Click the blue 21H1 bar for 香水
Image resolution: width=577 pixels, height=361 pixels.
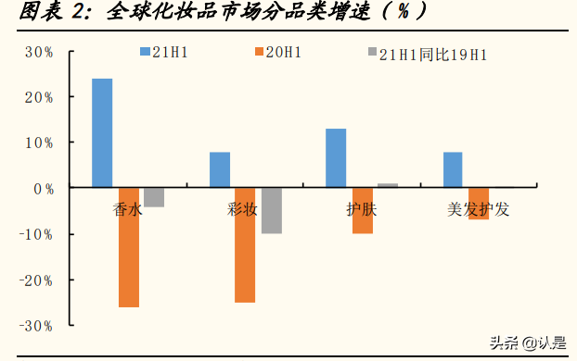tap(102, 133)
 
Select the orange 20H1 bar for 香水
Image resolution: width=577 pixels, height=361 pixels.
tap(128, 247)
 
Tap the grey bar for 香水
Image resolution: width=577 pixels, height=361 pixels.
tap(154, 197)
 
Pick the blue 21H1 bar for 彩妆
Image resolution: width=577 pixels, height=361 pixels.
tap(220, 170)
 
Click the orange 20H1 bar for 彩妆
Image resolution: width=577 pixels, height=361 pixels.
tap(245, 245)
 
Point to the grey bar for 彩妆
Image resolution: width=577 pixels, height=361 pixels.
tap(271, 211)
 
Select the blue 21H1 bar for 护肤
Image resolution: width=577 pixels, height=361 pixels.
tap(336, 158)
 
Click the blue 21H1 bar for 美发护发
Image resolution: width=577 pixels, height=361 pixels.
tap(453, 170)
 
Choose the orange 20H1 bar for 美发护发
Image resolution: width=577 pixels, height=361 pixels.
tap(479, 204)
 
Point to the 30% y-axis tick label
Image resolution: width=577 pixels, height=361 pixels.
tap(38, 52)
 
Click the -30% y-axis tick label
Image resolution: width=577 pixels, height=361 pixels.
tap(35, 326)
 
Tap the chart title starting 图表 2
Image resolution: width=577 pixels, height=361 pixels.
tap(224, 13)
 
